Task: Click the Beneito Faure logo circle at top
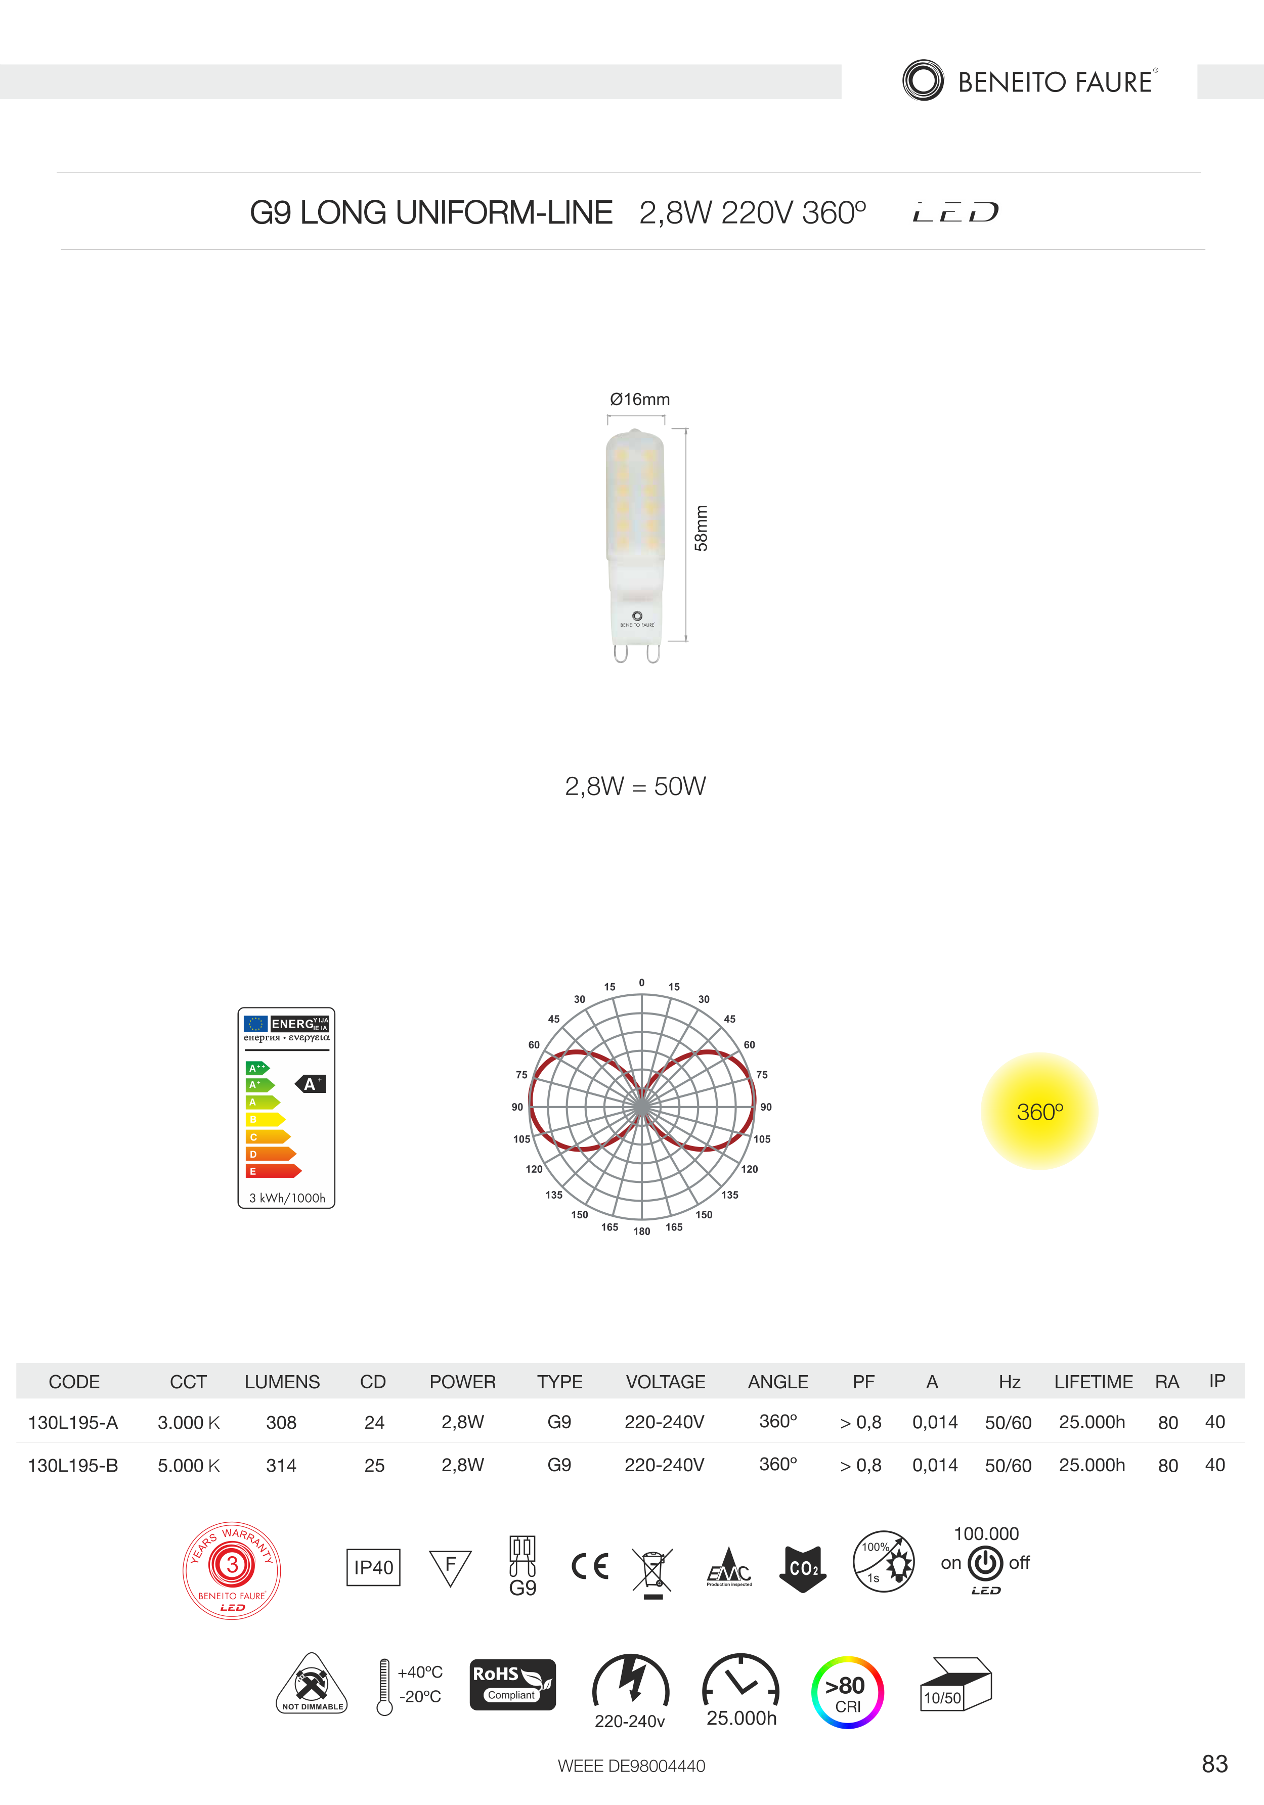pos(923,80)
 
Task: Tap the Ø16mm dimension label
pos(640,400)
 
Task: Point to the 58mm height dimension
pos(701,529)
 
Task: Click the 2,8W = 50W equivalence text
pos(635,786)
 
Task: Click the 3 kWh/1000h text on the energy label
pos(287,1198)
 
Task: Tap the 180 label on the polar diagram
pos(642,1231)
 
